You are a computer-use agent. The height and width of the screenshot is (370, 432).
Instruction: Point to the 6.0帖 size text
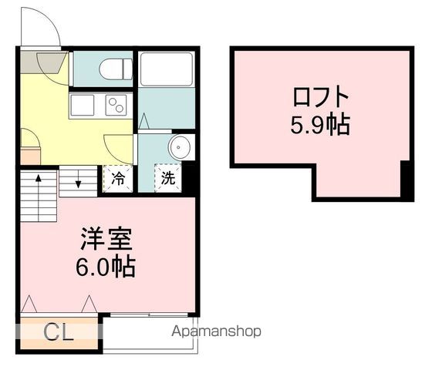click(108, 267)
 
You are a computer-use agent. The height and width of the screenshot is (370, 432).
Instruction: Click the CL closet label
click(59, 333)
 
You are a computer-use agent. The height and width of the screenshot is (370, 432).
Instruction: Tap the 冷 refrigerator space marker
click(118, 177)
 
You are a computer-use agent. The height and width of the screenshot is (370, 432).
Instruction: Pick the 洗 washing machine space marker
click(167, 177)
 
